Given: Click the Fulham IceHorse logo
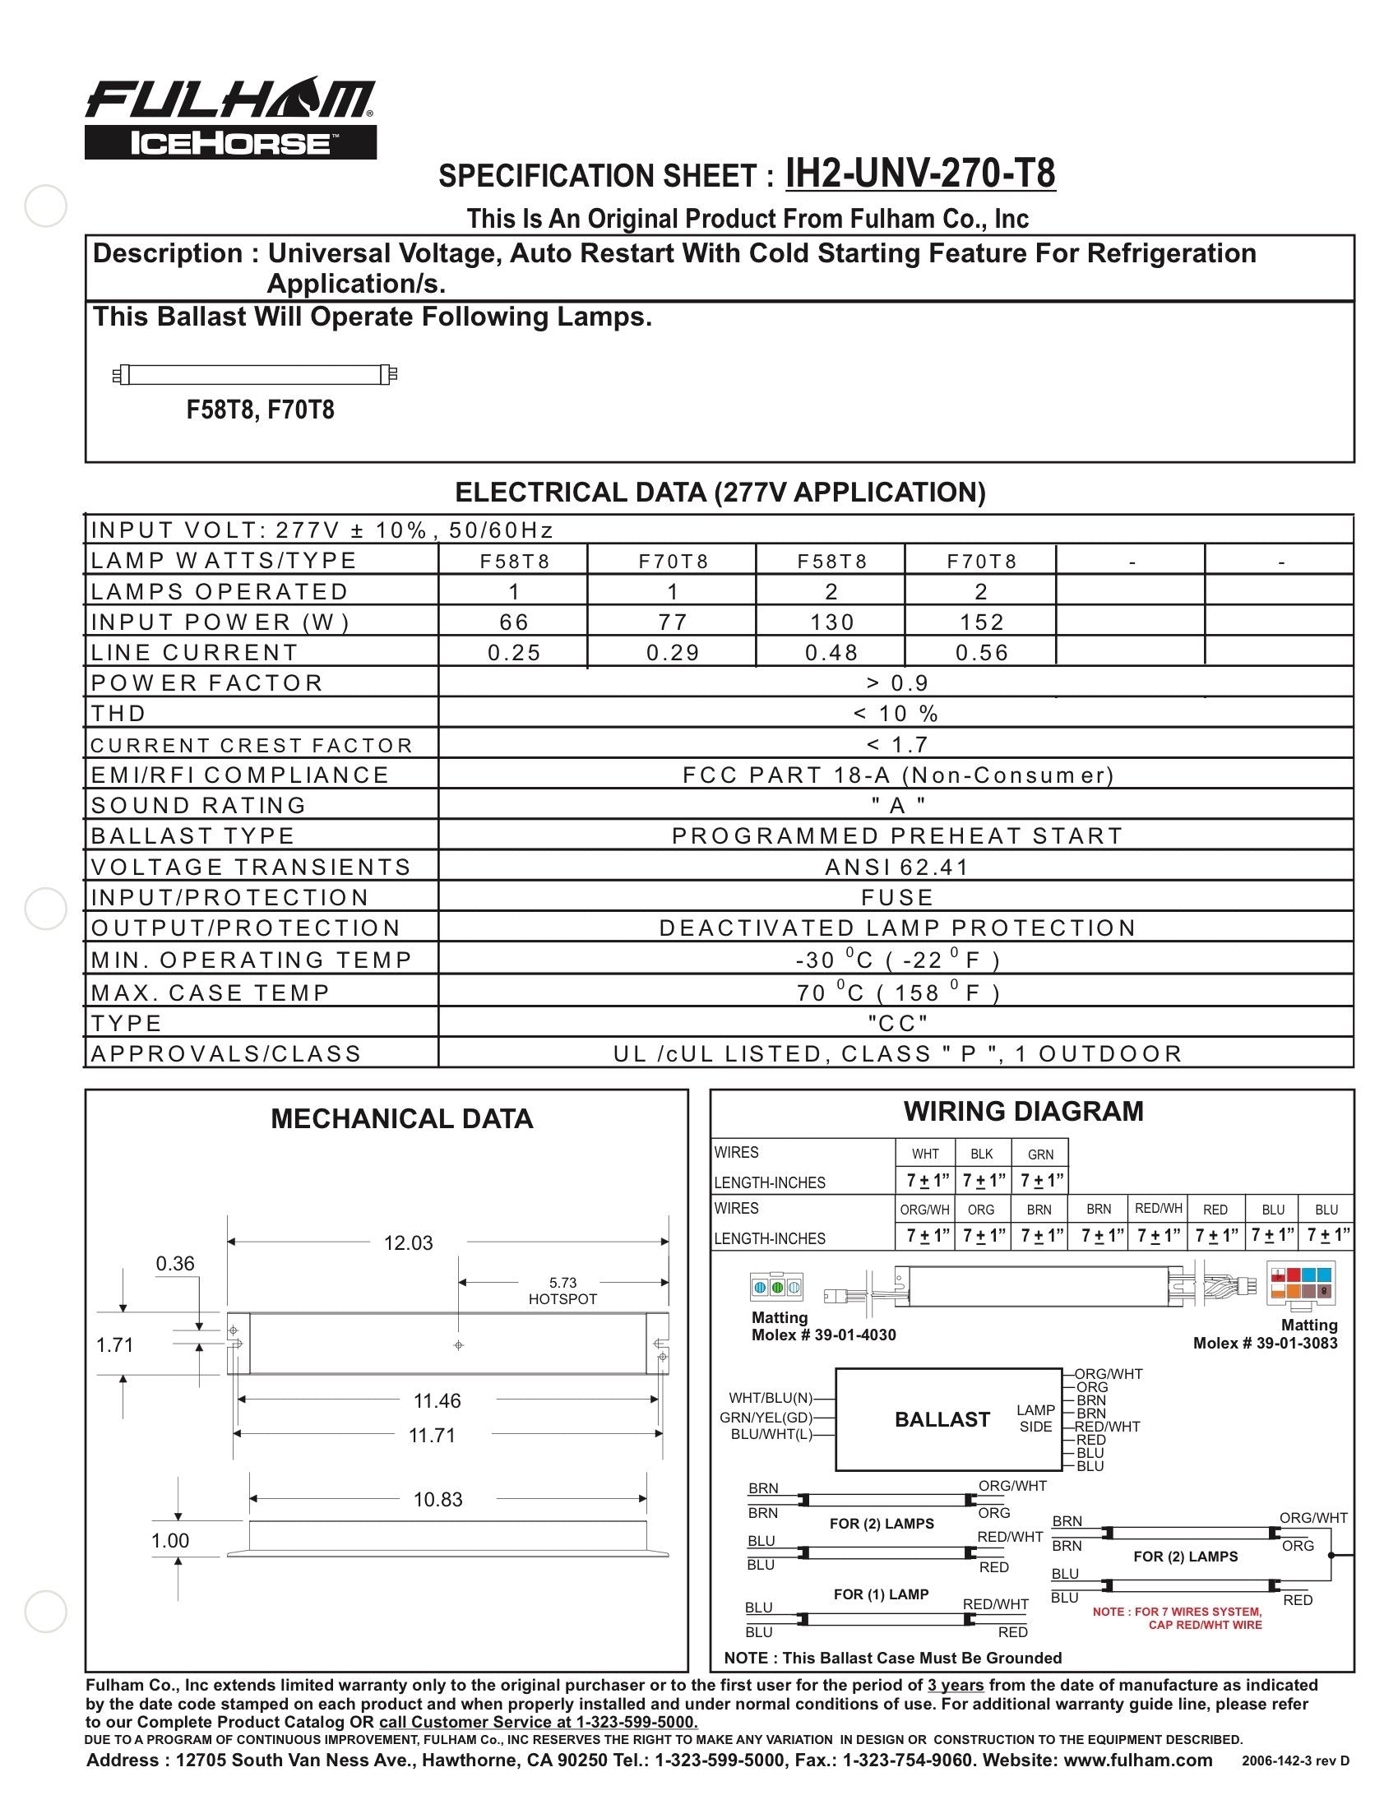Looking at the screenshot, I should [x=230, y=118].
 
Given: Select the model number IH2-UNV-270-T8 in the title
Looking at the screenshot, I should [x=920, y=173].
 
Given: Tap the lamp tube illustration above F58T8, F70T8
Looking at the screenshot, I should [x=255, y=375].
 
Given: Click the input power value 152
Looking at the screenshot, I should [x=981, y=622].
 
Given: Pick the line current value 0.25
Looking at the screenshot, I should [x=514, y=653].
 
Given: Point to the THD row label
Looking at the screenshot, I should [x=119, y=713].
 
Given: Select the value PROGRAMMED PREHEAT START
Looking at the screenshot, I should [x=897, y=835].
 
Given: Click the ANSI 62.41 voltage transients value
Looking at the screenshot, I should [x=897, y=867].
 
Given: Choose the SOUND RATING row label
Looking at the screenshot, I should [x=199, y=805].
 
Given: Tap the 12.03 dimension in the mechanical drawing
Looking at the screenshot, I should [x=409, y=1242].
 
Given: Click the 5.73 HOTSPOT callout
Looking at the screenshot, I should [x=562, y=1290].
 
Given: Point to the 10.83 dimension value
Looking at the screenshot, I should [x=438, y=1499].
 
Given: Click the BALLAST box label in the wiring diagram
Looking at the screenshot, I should [x=942, y=1419].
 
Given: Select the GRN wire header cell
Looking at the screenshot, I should [x=1040, y=1154].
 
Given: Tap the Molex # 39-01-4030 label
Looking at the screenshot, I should [x=823, y=1335].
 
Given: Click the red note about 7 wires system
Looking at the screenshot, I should [x=1177, y=1617].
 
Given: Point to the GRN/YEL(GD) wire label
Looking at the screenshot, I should [x=766, y=1418].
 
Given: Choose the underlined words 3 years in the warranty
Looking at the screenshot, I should [x=955, y=1685].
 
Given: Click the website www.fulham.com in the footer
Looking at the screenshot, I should [x=1137, y=1760].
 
